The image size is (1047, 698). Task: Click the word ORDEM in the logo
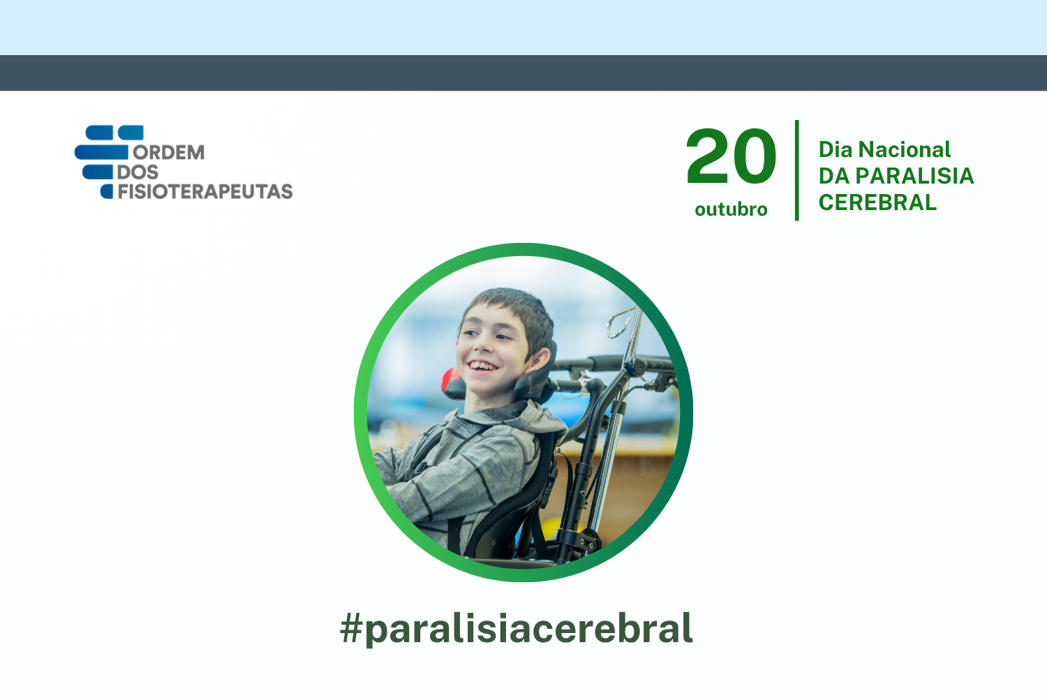click(169, 152)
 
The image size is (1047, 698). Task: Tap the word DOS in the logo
click(138, 172)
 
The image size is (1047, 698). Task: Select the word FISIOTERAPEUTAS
click(205, 192)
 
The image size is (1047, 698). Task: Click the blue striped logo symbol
click(108, 162)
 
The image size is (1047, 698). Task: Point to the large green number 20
click(731, 156)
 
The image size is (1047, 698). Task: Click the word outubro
click(731, 209)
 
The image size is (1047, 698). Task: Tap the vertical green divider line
click(797, 170)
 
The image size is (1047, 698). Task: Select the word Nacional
click(905, 149)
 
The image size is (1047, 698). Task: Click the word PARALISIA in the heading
click(914, 177)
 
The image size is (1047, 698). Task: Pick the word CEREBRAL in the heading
click(877, 202)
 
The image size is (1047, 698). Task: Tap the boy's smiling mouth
click(482, 366)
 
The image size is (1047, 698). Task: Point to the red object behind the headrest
click(450, 379)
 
